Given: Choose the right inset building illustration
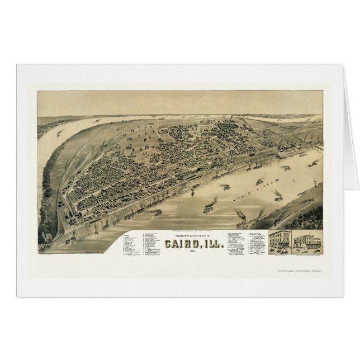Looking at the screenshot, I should [x=307, y=241].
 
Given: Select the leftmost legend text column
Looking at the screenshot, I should [x=131, y=243].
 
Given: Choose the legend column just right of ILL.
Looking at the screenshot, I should [x=235, y=240].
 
